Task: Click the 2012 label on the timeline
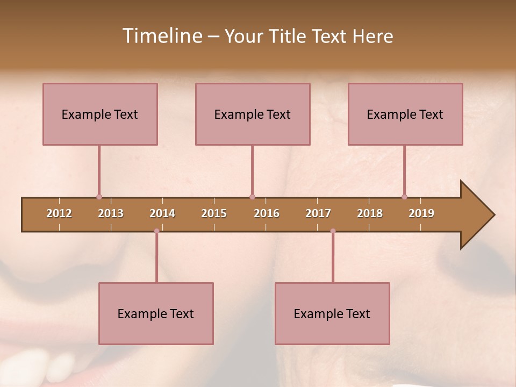pyautogui.click(x=59, y=213)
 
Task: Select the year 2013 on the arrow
pyautogui.click(x=111, y=213)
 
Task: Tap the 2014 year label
pyautogui.click(x=162, y=213)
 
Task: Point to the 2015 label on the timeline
pyautogui.click(x=214, y=213)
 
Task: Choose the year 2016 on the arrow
pyautogui.click(x=267, y=213)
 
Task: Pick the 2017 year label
pyautogui.click(x=318, y=213)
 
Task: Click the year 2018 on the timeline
pyautogui.click(x=370, y=213)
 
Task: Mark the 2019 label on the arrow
pyautogui.click(x=421, y=213)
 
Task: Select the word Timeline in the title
pyautogui.click(x=161, y=36)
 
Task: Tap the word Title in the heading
pyautogui.click(x=289, y=36)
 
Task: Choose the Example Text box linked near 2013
pyautogui.click(x=100, y=114)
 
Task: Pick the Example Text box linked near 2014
pyautogui.click(x=156, y=313)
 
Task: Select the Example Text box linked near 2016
pyautogui.click(x=253, y=114)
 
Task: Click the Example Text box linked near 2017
pyautogui.click(x=332, y=313)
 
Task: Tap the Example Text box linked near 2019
pyautogui.click(x=405, y=114)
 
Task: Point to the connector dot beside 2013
pyautogui.click(x=99, y=197)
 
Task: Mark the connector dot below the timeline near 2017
pyautogui.click(x=333, y=231)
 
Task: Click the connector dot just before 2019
pyautogui.click(x=404, y=197)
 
